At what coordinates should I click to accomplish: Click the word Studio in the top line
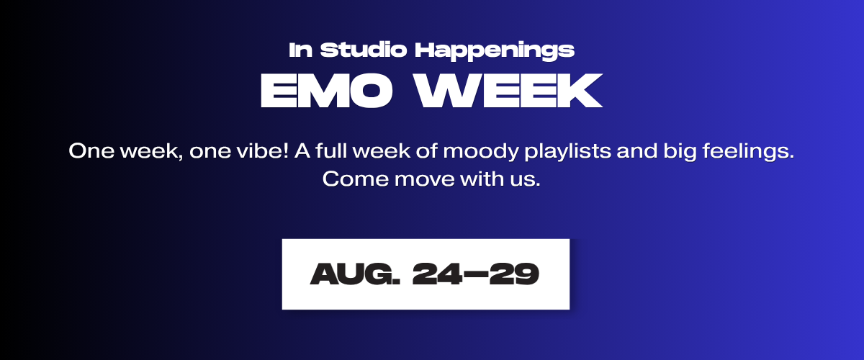coord(364,50)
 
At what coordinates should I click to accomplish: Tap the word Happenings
coord(495,51)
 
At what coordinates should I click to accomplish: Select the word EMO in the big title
coord(326,91)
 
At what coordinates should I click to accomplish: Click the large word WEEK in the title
coord(508,91)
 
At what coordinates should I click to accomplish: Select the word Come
coord(355,179)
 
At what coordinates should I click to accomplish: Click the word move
coord(424,180)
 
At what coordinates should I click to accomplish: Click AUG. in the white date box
coord(355,274)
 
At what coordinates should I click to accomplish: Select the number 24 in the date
coord(437,274)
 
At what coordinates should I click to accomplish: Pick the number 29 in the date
coord(514,274)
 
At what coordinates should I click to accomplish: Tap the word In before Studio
coord(300,50)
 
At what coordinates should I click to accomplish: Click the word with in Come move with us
coord(482,179)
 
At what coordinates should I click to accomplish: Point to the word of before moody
coord(426,150)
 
